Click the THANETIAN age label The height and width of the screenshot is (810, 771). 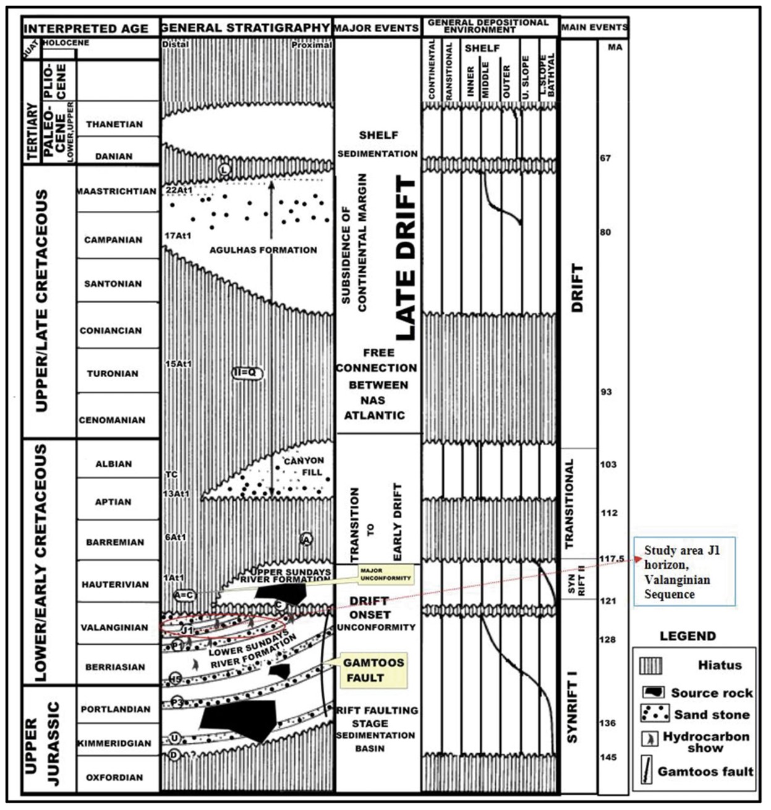tap(114, 124)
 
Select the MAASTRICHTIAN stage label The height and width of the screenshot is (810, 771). tap(117, 192)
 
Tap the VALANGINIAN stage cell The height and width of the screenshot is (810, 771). tap(114, 628)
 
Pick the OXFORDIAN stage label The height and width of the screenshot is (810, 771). tap(114, 777)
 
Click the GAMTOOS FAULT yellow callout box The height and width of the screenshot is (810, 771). tap(373, 670)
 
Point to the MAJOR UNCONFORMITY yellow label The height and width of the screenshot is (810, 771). tap(386, 574)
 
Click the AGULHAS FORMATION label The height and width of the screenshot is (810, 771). tap(263, 250)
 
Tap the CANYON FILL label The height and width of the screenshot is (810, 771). tap(304, 466)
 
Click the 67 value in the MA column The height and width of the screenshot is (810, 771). tap(605, 158)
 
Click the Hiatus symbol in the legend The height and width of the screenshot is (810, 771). tap(652, 666)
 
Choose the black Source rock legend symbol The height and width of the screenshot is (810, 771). tap(653, 693)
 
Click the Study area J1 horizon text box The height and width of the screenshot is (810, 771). tap(684, 573)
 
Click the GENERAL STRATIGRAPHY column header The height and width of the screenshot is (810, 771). tap(245, 28)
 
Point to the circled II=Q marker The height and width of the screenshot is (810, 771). tap(247, 373)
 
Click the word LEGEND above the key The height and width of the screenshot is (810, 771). tap(688, 636)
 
